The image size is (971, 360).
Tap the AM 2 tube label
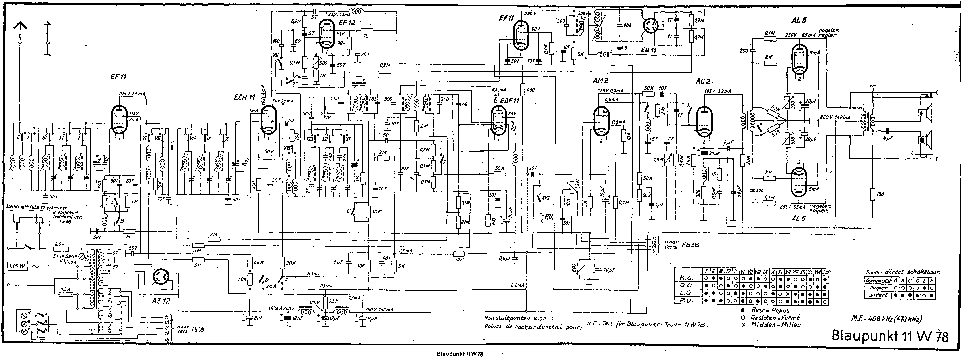pyautogui.click(x=601, y=80)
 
